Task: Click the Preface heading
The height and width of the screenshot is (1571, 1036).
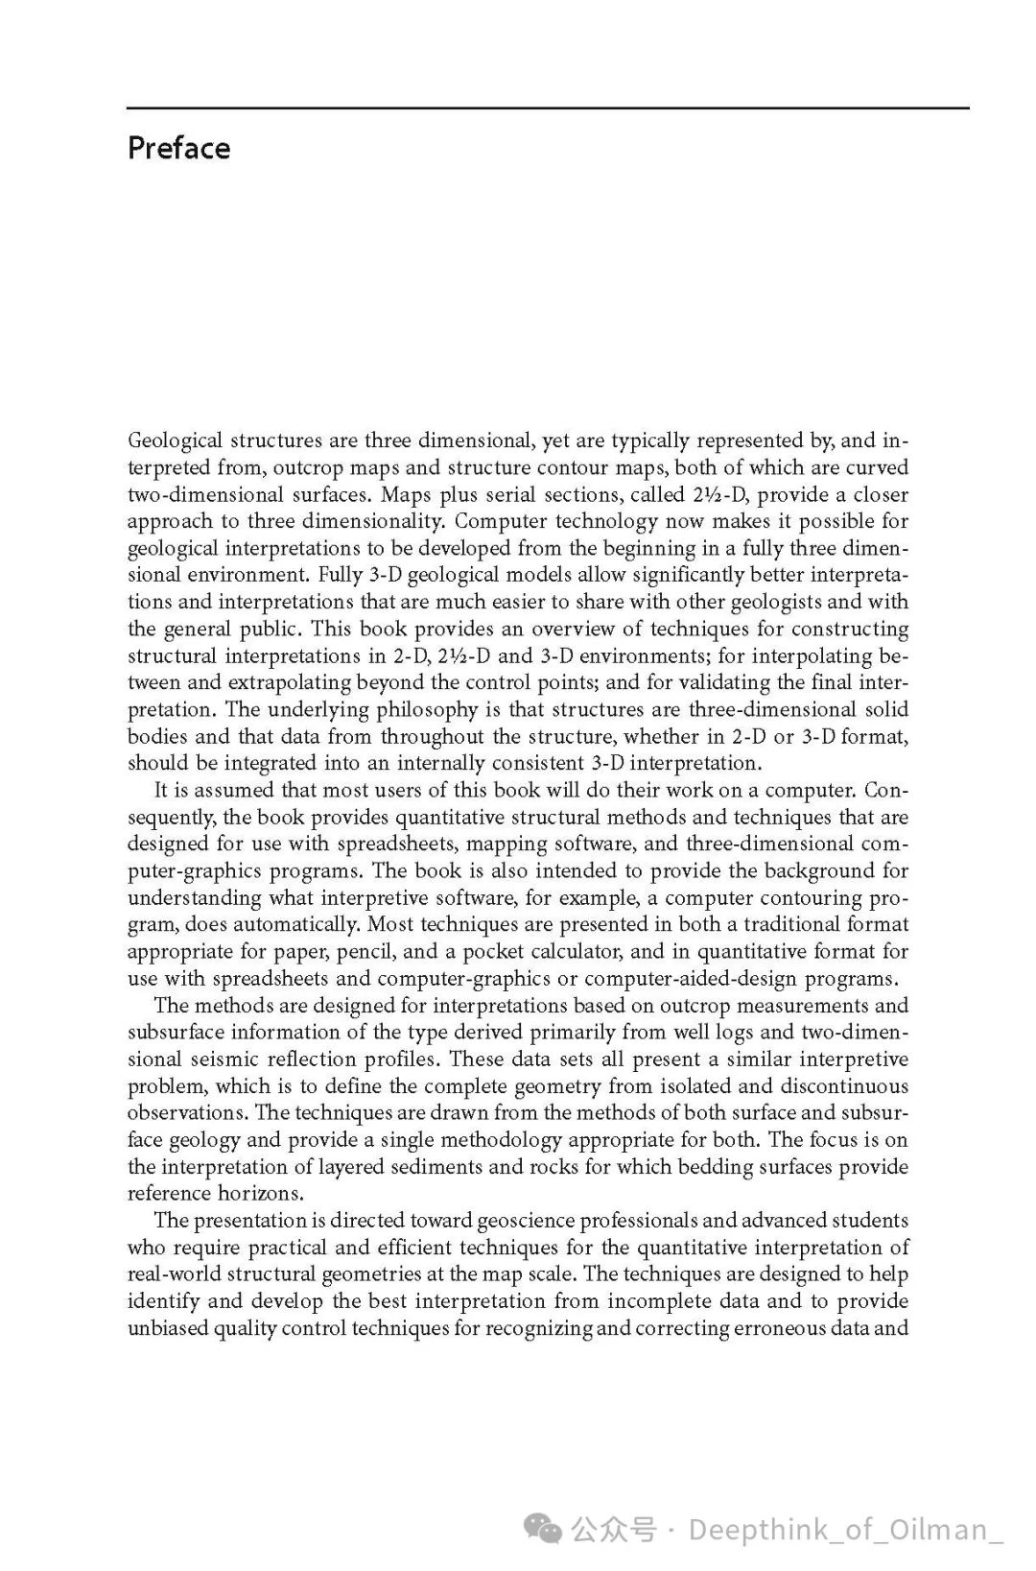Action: pos(178,148)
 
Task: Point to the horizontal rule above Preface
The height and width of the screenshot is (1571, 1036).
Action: pos(547,108)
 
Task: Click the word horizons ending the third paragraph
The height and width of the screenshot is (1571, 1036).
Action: pos(261,1193)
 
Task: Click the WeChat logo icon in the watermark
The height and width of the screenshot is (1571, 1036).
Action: pos(542,1528)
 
